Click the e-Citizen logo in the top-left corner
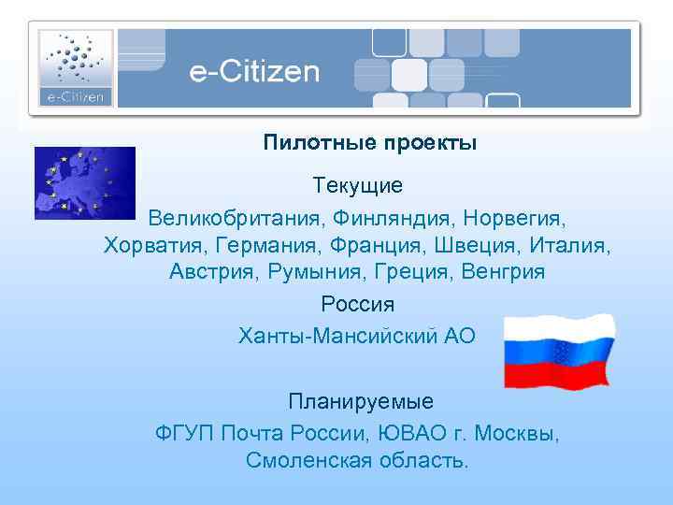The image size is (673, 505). pyautogui.click(x=76, y=66)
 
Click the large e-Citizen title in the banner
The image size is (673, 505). pyautogui.click(x=254, y=72)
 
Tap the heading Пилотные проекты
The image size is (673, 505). pyautogui.click(x=369, y=143)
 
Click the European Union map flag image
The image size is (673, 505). pyautogui.click(x=84, y=182)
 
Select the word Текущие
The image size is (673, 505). pyautogui.click(x=358, y=186)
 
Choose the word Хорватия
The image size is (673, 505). pyautogui.click(x=155, y=246)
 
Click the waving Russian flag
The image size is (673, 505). pyautogui.click(x=559, y=351)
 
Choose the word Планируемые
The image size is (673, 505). pyautogui.click(x=361, y=402)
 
